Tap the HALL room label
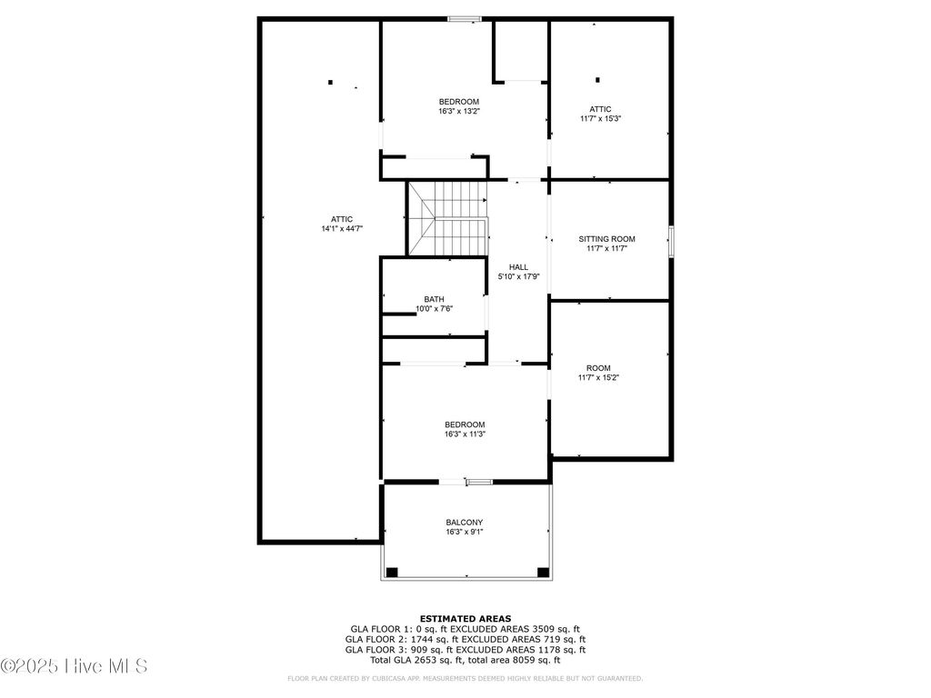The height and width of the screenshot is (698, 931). tap(518, 267)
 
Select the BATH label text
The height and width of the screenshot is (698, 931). tap(434, 299)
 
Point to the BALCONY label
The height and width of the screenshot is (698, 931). tap(464, 523)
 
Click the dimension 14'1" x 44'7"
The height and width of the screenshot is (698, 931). tap(341, 229)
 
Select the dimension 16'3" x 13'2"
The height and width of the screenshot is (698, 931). tap(458, 111)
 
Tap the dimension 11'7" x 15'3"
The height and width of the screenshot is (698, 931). tap(600, 118)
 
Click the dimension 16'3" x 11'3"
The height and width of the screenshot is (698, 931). tap(464, 434)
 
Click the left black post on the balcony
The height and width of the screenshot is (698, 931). tap(392, 573)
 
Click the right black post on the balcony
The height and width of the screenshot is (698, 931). tap(543, 573)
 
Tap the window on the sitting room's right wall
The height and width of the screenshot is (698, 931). tap(672, 241)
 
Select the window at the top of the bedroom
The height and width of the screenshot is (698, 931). tap(465, 18)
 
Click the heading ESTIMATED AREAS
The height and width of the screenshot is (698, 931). tap(465, 617)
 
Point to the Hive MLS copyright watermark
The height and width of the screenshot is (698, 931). tap(75, 666)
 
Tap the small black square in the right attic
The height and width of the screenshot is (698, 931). tap(597, 80)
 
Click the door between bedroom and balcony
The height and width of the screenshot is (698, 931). tap(478, 482)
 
